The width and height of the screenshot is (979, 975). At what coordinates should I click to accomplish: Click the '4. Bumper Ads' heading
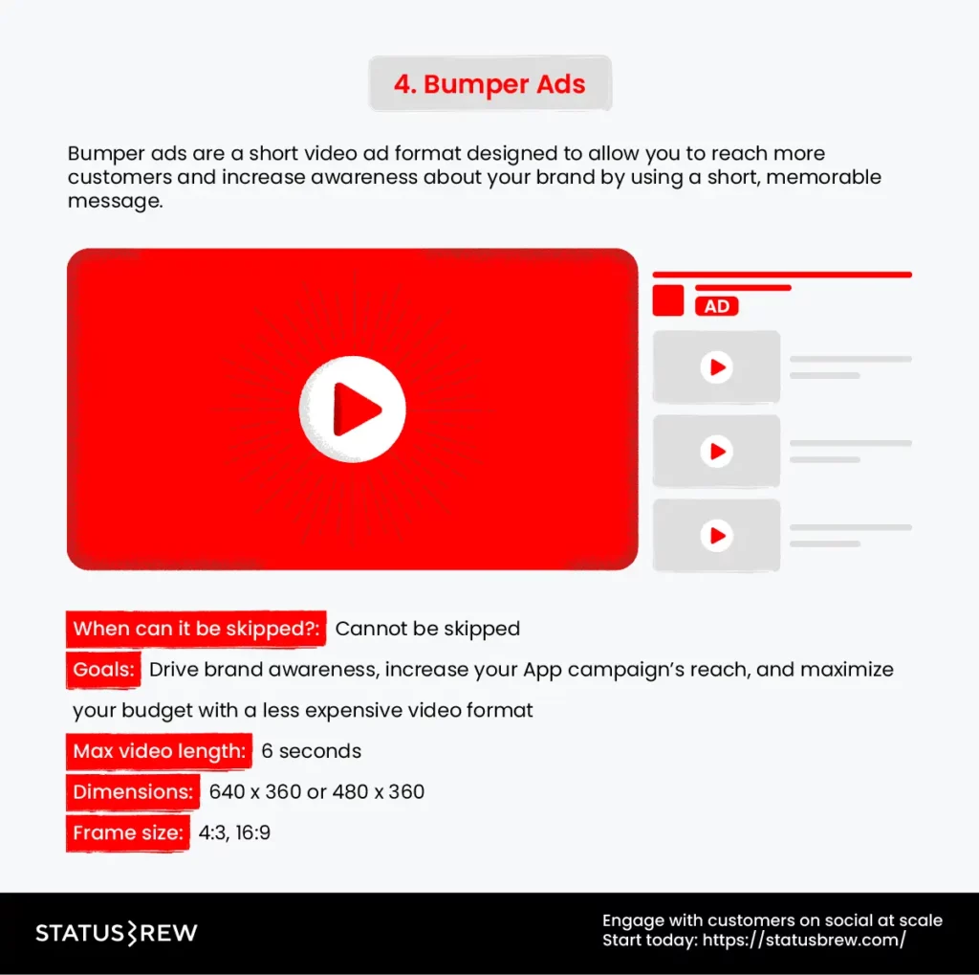489,84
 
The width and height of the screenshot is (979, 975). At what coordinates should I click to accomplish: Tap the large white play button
353,410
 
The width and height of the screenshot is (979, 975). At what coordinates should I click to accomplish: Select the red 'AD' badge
717,306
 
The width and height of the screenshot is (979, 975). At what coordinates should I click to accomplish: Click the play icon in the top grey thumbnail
716,366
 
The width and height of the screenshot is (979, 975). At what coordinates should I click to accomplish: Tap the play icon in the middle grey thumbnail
716,451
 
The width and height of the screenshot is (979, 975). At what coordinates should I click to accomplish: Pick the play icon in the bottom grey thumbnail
716,535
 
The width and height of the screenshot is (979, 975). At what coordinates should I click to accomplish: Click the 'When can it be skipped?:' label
197,629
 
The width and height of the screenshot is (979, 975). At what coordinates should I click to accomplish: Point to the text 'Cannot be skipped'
427,629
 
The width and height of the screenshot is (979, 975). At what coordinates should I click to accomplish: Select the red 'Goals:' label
104,669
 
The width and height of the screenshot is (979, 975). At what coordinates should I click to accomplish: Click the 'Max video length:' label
160,751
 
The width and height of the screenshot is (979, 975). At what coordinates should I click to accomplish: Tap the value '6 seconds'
312,751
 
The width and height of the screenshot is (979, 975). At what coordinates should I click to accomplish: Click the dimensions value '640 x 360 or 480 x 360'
316,791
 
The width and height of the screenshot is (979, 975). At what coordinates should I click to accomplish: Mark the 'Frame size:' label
128,832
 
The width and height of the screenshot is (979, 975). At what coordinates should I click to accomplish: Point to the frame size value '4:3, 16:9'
234,832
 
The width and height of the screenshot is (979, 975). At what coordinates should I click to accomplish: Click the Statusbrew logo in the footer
117,933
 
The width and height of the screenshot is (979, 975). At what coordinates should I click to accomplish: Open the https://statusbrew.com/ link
804,940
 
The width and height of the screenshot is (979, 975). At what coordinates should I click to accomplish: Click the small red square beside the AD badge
667,300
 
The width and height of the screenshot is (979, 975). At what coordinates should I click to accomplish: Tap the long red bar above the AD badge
782,275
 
